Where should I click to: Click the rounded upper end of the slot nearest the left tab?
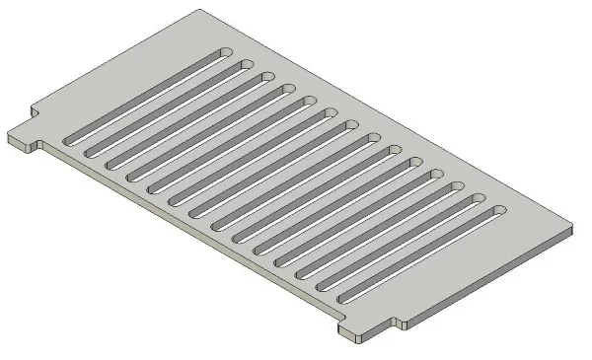pos(224,51)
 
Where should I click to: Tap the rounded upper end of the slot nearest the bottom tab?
pos(498,211)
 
